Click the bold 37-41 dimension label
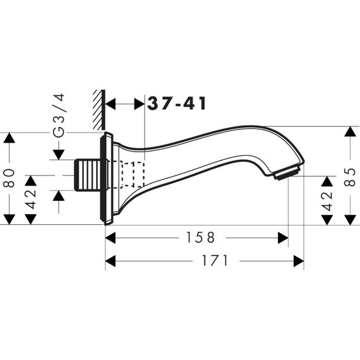[176, 104]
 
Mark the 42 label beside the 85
[327, 200]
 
